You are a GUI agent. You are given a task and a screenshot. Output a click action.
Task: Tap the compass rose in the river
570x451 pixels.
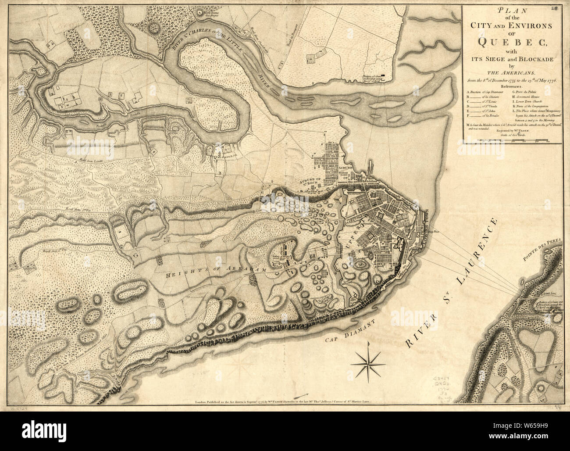click(x=370, y=360)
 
